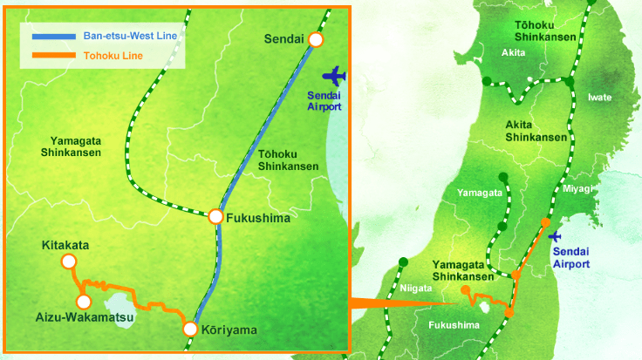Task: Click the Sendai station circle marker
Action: [316, 39]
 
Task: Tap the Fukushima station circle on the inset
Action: [215, 216]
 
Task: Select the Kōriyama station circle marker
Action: [190, 329]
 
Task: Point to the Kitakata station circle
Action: [68, 262]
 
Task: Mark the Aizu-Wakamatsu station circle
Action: [84, 302]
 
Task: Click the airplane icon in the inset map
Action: [332, 75]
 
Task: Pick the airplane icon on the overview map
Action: [556, 236]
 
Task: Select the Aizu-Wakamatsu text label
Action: [85, 317]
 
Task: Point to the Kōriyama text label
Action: [229, 330]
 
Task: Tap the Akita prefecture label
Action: [514, 54]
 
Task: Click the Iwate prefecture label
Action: [600, 97]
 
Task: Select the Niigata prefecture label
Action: [416, 289]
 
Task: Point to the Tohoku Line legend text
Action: [114, 56]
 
